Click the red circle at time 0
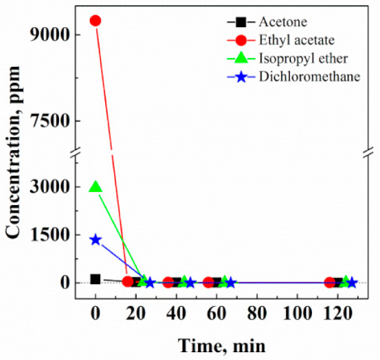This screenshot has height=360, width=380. coord(95,20)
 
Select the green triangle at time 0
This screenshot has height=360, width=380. coord(95,187)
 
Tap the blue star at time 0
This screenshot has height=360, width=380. coord(95,240)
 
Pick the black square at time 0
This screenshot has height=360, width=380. coord(95,279)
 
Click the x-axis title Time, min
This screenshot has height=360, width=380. coord(222,345)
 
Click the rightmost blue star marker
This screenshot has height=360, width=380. coord(352,283)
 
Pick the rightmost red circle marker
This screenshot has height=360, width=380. coord(329,283)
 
